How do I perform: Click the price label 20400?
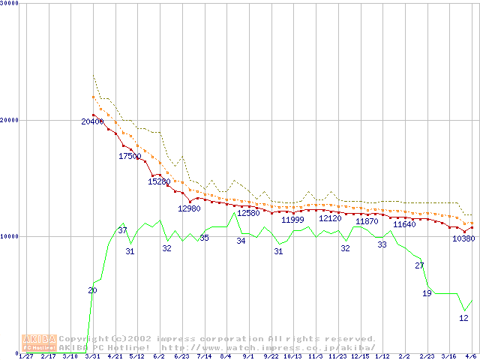[93, 121]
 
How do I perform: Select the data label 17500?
[130, 157]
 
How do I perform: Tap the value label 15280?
[159, 181]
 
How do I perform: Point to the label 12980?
[189, 208]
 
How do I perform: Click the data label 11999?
[293, 220]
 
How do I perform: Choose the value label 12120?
[330, 219]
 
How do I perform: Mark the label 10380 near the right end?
[463, 239]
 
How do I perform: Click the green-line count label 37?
[122, 230]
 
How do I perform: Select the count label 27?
[419, 265]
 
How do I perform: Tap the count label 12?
[463, 318]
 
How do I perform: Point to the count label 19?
[427, 293]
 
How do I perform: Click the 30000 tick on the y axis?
[10, 4]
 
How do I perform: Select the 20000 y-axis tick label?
[10, 120]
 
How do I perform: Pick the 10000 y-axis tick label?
[10, 236]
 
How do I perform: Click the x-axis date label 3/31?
[93, 356]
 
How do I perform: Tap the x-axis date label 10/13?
[293, 356]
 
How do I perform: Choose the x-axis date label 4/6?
[471, 356]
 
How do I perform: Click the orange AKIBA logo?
[39, 343]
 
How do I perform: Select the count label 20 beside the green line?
[92, 290]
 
